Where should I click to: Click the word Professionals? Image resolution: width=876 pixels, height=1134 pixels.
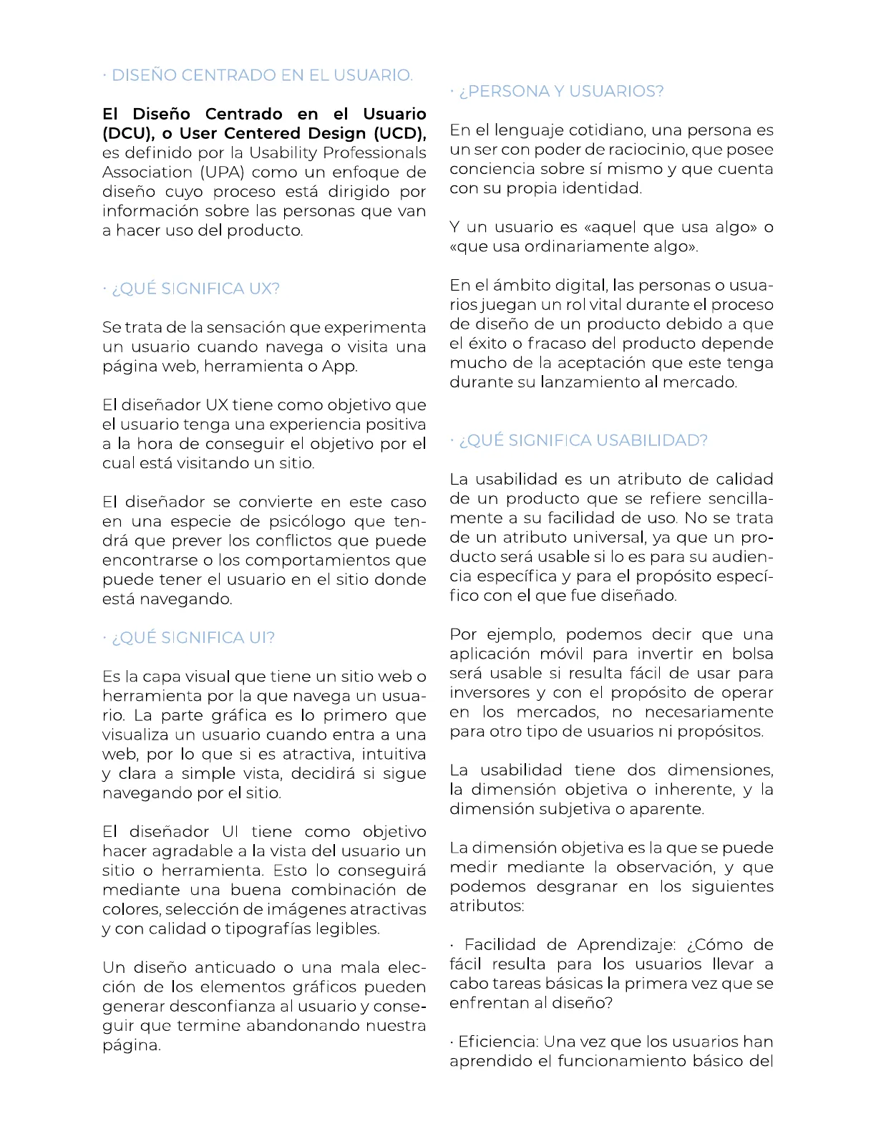(x=374, y=153)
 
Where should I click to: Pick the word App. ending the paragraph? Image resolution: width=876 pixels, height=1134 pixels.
(x=339, y=367)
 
